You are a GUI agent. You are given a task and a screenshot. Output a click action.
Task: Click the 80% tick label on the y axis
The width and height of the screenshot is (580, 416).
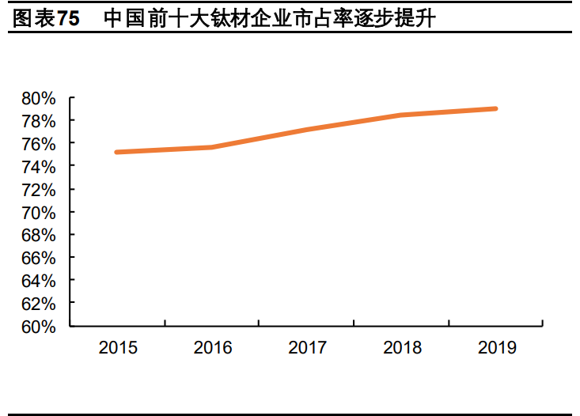tap(39, 99)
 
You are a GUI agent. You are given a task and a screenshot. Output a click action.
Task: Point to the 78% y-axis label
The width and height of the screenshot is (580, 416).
tap(39, 122)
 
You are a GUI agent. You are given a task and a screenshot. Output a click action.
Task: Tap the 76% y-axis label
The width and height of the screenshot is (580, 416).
tap(39, 145)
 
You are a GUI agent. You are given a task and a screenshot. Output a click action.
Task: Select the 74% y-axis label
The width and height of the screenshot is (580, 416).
tap(39, 168)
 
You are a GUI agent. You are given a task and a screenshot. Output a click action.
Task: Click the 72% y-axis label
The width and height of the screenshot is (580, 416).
tap(39, 191)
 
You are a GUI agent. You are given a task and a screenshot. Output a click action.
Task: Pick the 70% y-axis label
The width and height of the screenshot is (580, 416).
tap(39, 213)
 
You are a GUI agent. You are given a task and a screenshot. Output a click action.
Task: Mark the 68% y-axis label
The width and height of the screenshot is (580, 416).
tap(39, 236)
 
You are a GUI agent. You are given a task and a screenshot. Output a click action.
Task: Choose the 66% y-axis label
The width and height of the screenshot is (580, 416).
tap(39, 259)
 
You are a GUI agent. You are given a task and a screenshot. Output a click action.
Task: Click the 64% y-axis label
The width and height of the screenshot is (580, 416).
tap(39, 282)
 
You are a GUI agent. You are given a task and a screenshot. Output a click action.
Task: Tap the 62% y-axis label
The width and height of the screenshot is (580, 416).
tap(39, 304)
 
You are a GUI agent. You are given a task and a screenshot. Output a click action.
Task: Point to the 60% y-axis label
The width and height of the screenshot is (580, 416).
tap(39, 327)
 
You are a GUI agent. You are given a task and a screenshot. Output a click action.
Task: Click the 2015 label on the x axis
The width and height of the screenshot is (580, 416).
tap(118, 348)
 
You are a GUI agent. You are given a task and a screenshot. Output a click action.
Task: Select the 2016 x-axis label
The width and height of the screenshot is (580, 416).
tap(212, 348)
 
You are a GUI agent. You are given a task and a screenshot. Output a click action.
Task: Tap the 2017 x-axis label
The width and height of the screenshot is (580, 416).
tap(307, 348)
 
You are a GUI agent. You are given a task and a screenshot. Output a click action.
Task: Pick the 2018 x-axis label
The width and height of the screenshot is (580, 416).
tap(401, 348)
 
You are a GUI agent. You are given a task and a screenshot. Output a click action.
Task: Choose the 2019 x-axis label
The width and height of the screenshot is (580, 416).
tap(496, 348)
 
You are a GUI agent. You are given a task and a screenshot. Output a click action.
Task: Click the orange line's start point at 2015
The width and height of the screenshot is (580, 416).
tap(117, 152)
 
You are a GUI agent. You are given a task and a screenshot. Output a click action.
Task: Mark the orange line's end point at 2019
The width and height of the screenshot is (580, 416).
tap(495, 108)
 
